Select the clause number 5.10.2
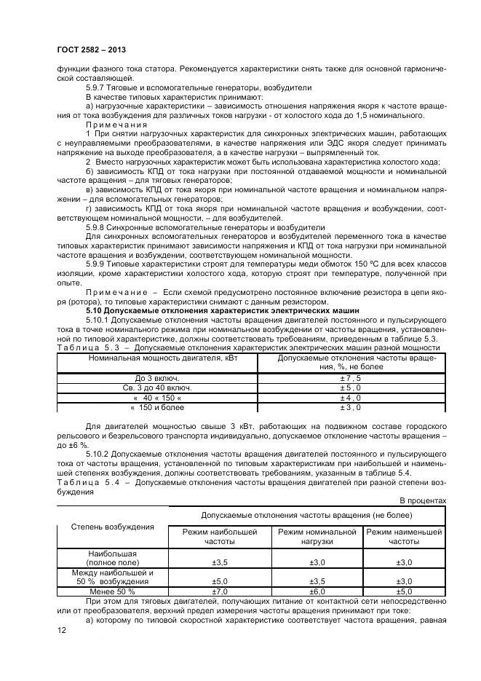pyautogui.click(x=99, y=454)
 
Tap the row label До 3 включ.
pyautogui.click(x=156, y=379)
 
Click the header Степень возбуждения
pyautogui.click(x=113, y=526)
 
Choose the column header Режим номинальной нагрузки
pyautogui.click(x=316, y=537)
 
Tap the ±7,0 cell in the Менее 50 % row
pyautogui.click(x=220, y=591)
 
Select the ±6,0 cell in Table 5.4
pyautogui.click(x=316, y=591)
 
